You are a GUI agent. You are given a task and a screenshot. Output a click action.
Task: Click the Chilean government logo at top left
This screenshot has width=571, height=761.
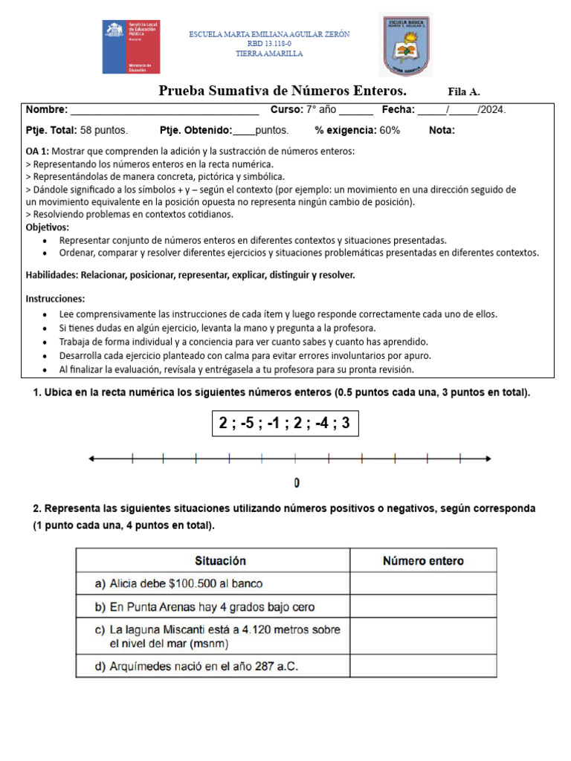point(130,47)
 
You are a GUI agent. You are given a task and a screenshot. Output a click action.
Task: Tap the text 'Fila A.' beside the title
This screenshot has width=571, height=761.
point(464,92)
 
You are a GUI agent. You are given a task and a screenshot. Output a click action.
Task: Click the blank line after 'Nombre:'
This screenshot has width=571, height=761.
point(164,111)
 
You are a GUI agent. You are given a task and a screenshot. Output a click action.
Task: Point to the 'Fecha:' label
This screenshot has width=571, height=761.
point(398,110)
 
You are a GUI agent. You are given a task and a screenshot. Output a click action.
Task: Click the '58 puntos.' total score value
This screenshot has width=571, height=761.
point(103,130)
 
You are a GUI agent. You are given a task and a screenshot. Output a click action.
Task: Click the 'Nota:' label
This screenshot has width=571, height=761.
point(442,130)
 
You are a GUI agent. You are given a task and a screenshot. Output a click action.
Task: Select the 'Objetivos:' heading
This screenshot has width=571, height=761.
point(48,227)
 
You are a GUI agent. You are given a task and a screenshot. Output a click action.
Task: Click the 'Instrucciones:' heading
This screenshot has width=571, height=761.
point(56,299)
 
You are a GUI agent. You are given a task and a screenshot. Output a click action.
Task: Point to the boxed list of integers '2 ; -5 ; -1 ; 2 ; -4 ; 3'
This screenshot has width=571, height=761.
point(285,424)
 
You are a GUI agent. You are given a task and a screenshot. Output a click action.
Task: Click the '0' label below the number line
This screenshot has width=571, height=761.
point(297,484)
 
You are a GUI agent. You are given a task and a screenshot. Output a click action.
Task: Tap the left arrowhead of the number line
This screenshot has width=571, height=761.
point(91,459)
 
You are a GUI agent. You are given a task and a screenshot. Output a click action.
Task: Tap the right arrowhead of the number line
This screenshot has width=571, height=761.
point(488,459)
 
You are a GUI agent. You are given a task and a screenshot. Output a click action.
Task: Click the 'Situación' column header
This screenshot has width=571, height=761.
point(220,560)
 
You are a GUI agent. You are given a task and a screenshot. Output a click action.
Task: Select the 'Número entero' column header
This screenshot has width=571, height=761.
point(422,560)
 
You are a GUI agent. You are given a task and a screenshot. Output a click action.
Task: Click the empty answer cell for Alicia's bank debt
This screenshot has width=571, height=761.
point(422,584)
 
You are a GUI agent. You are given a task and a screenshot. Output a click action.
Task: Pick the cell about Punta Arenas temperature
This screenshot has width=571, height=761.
point(213,607)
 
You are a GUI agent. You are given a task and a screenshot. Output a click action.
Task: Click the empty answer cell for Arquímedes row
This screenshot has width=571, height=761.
point(422,666)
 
